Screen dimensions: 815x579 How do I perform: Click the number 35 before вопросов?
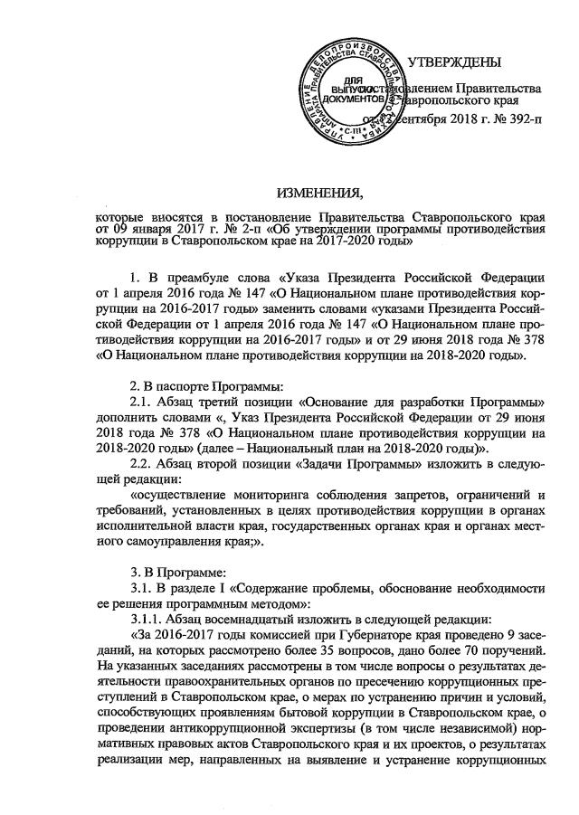point(299,649)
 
